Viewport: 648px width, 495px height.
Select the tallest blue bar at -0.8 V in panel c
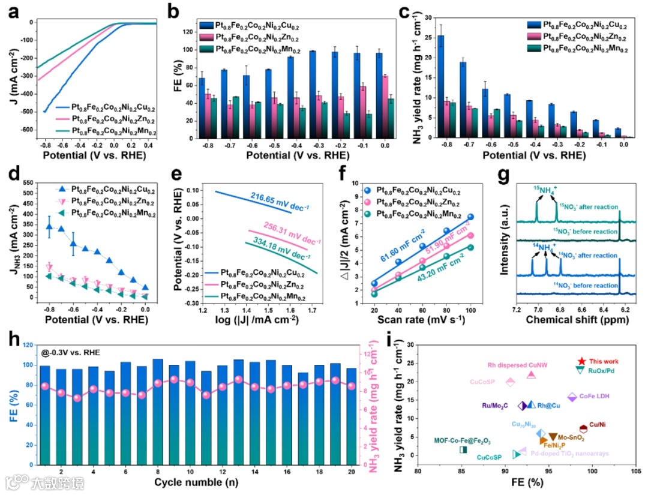pos(441,87)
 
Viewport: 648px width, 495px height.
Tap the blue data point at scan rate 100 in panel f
pos(471,217)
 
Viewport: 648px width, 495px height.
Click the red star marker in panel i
pos(581,361)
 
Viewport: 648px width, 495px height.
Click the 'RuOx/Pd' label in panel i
pos(604,370)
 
